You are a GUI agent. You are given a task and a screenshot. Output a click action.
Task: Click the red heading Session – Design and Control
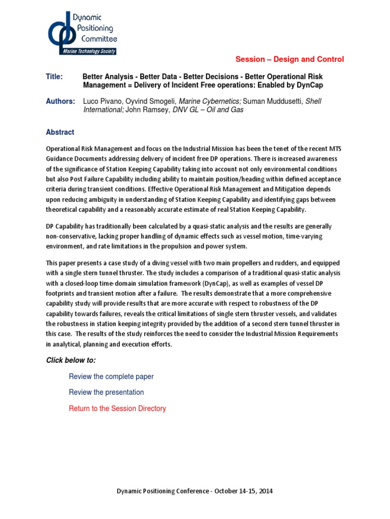coord(296,59)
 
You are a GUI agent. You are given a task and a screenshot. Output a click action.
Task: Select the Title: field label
coord(54,77)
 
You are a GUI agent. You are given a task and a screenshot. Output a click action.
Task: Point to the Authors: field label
coord(60,101)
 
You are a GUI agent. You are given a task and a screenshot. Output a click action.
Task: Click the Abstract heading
coord(60,132)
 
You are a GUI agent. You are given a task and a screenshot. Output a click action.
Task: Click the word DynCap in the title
coord(311,85)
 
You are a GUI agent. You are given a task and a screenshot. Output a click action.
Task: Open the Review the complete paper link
coord(111,377)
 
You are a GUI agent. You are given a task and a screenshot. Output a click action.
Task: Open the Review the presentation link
coord(106,392)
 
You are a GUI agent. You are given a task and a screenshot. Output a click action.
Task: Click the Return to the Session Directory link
coord(117,408)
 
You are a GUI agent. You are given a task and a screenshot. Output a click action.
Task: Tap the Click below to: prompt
coord(71,360)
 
